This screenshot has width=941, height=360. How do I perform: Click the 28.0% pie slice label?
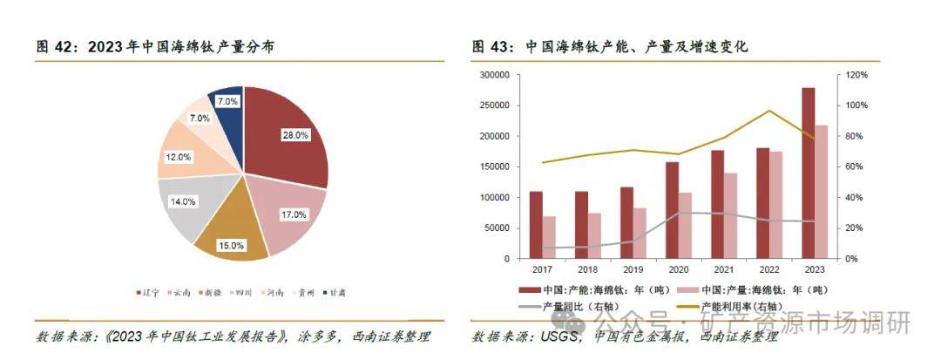tap(294, 135)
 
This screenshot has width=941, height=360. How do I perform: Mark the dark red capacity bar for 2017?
tap(536, 225)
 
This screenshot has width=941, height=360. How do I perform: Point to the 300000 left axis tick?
tap(493, 75)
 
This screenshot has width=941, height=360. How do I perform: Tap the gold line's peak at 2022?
tap(769, 111)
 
